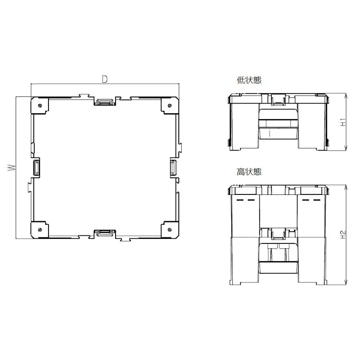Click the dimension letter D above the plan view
105,79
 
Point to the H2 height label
343,234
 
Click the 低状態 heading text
249,80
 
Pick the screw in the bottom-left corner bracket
40,230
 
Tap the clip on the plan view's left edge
36,168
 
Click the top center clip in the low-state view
277,99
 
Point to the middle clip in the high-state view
277,234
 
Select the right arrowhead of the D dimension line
178,83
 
